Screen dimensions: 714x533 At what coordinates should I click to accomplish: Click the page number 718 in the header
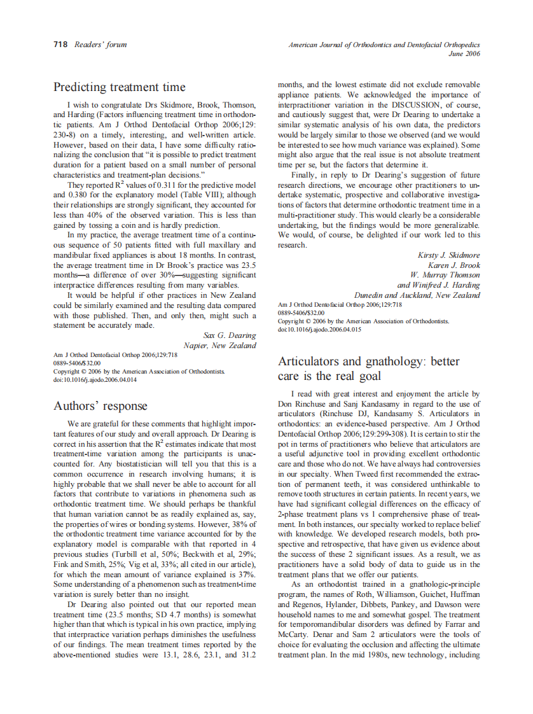coord(60,45)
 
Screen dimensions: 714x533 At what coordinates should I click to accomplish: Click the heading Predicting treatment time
coord(120,87)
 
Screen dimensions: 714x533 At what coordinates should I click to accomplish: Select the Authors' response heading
coord(100,406)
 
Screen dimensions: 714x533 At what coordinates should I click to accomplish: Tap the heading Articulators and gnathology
coord(368,361)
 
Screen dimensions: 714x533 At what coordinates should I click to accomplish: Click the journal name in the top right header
coord(384,45)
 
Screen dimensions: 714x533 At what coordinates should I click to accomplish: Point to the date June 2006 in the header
coord(464,54)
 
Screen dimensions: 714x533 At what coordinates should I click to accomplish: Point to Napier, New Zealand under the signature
coord(219,345)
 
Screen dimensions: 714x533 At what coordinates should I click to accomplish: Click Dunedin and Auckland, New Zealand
coord(417,295)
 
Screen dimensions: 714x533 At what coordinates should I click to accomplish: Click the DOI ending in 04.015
coord(320,330)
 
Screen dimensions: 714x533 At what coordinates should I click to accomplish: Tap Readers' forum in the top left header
coord(100,45)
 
